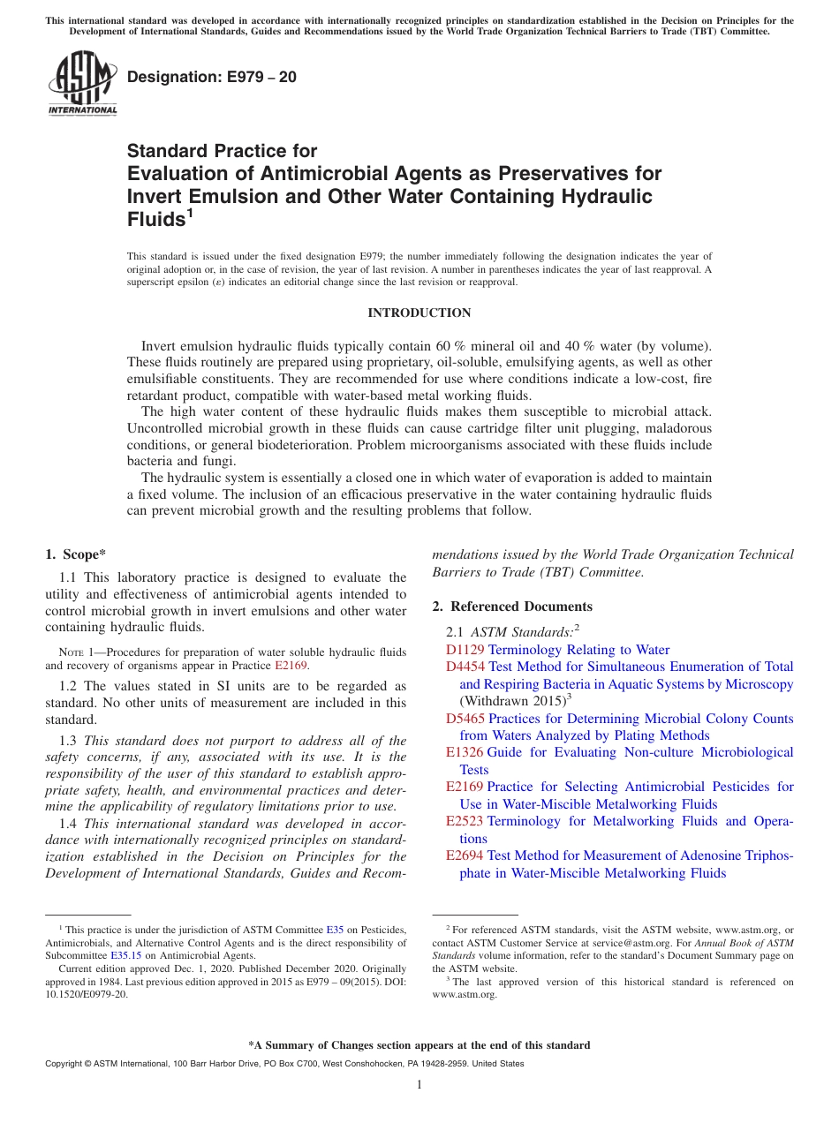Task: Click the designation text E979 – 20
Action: (x=212, y=78)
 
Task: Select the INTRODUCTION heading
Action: (x=419, y=313)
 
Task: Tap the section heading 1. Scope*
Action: (x=75, y=554)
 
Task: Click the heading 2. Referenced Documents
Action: (x=512, y=607)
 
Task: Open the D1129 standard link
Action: (x=465, y=650)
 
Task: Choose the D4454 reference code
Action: (x=465, y=667)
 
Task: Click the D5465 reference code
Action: (x=465, y=719)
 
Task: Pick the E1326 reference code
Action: (x=465, y=752)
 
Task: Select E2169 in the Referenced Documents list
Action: (x=465, y=787)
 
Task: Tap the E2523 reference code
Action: (x=465, y=821)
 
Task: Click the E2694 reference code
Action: (x=465, y=855)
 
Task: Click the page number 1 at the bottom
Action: (x=419, y=1085)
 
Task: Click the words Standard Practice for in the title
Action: (x=222, y=151)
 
